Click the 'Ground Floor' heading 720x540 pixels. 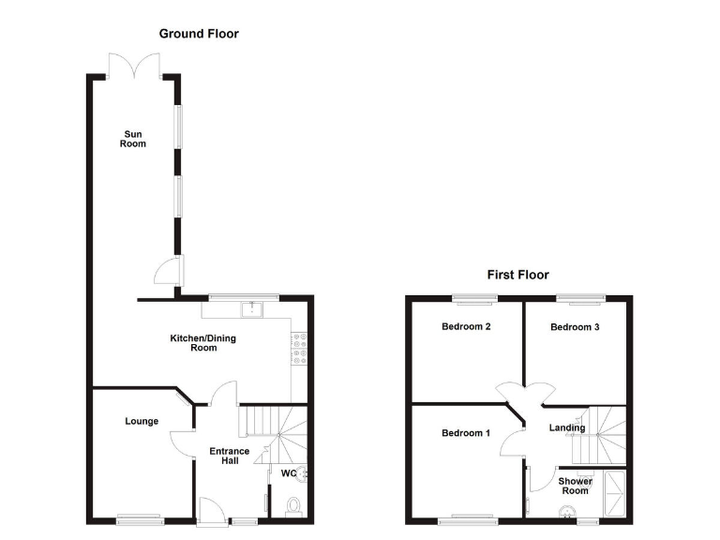199,34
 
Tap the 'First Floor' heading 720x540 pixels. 517,275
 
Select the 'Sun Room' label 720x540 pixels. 133,139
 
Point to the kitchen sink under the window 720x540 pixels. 252,308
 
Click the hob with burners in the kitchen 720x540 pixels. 301,349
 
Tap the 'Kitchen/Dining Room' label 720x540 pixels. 203,343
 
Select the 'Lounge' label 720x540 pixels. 142,422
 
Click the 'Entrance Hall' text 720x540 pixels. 230,456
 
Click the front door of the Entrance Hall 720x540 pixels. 212,511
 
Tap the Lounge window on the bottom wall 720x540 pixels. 140,517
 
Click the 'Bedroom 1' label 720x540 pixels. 466,433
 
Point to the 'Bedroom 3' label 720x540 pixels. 574,327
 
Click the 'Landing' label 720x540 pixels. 567,428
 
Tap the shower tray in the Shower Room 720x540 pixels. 616,493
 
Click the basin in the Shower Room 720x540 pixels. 566,512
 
